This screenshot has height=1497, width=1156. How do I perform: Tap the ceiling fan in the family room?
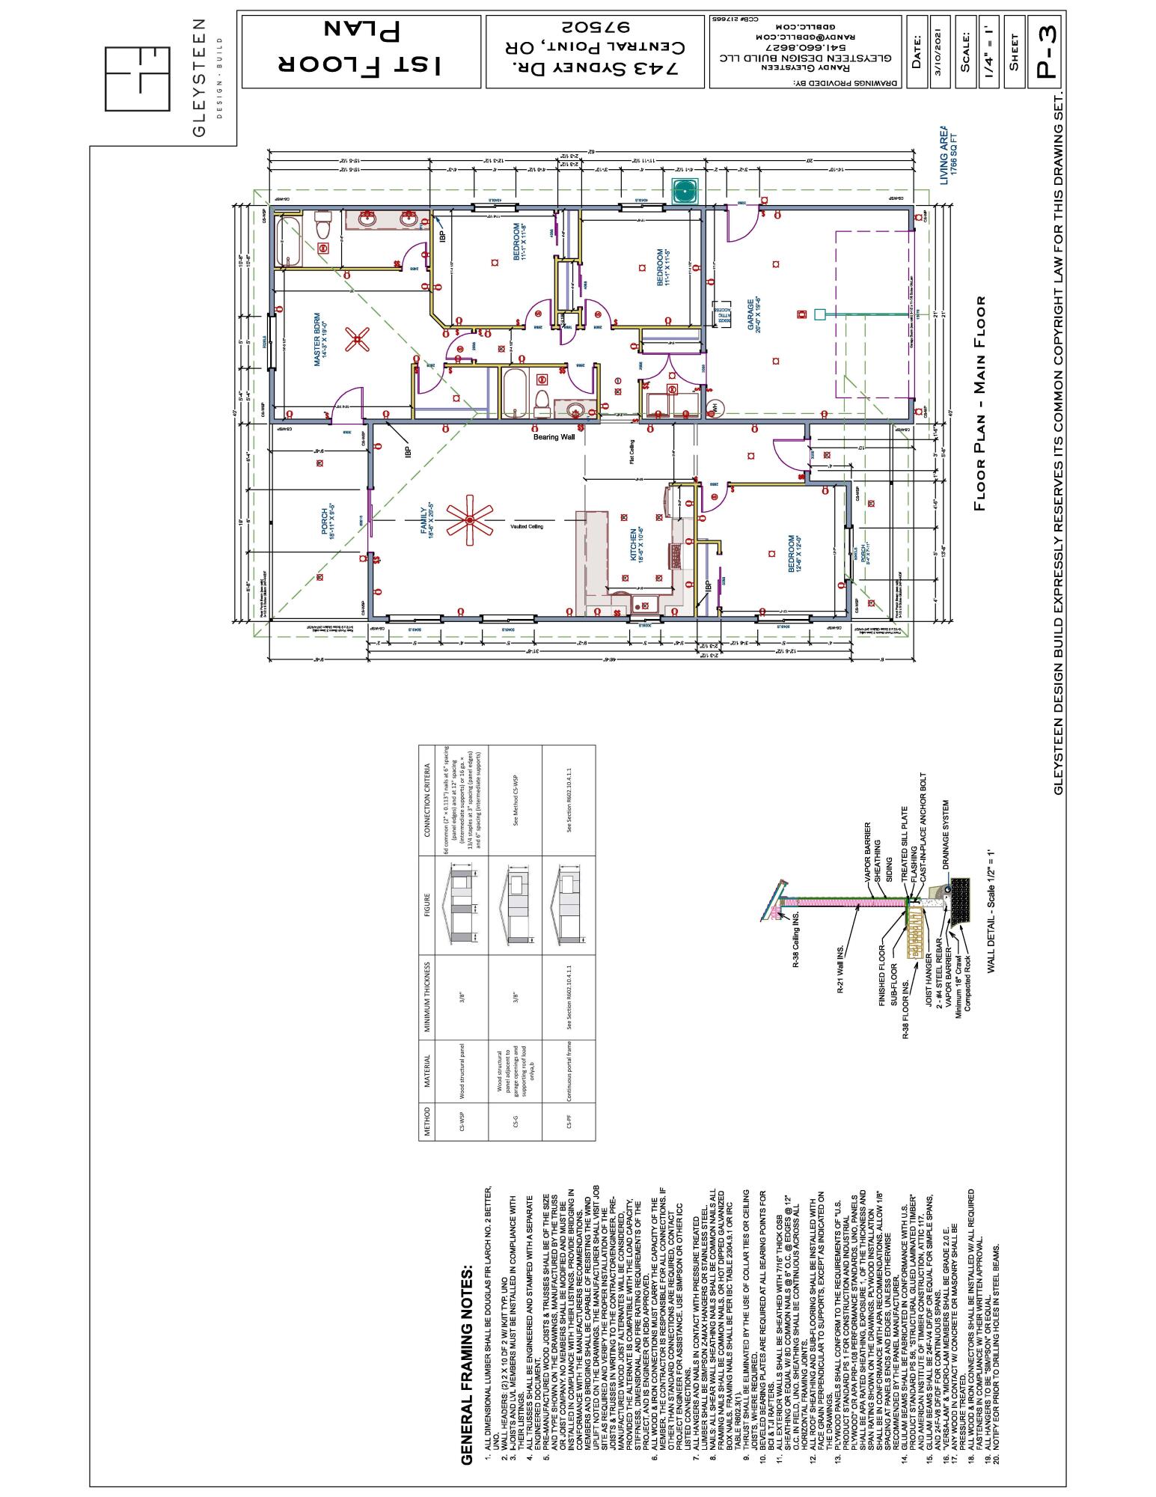(469, 519)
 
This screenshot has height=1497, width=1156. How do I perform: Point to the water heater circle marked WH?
(714, 406)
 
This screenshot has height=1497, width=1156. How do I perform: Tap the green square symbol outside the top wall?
(685, 192)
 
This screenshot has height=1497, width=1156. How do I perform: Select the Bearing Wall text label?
(554, 436)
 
